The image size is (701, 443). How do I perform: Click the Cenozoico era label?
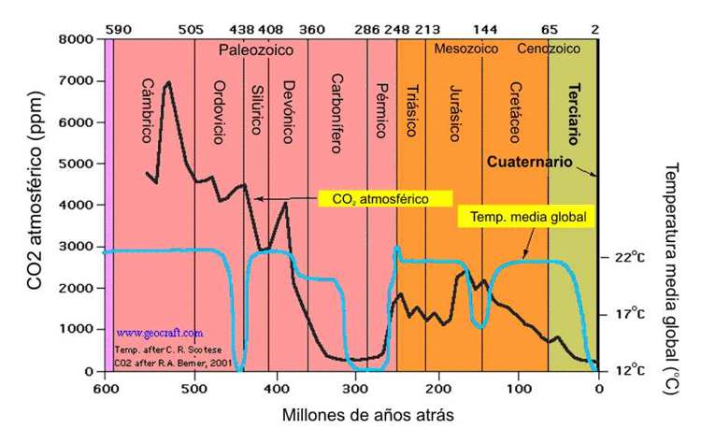point(549,48)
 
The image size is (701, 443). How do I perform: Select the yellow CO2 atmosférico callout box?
point(385,198)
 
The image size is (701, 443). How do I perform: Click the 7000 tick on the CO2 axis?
point(76,81)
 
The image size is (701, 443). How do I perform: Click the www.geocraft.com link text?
point(160,332)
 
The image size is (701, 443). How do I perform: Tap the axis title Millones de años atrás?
point(348,412)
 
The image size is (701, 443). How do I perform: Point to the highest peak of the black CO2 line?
point(168,82)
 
